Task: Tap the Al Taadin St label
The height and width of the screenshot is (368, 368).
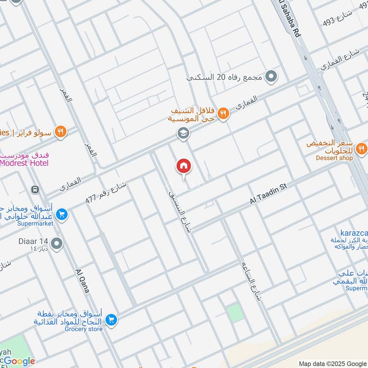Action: (x=268, y=193)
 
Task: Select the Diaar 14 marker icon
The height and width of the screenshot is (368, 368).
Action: (x=57, y=243)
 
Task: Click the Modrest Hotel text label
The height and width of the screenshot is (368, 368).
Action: (x=24, y=162)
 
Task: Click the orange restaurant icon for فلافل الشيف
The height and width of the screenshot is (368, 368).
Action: (x=223, y=113)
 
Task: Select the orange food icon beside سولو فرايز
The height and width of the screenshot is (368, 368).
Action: (x=60, y=132)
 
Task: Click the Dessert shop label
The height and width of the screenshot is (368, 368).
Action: (x=334, y=158)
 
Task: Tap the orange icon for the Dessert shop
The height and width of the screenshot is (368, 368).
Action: (x=362, y=148)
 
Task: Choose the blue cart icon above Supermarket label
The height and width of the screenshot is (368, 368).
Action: (x=62, y=214)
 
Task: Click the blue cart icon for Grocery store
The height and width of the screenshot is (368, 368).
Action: (x=111, y=319)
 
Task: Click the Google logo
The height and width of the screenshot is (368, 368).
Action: (x=19, y=362)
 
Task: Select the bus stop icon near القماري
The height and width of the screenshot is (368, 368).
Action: (x=34, y=189)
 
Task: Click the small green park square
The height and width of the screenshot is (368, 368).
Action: (x=235, y=313)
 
